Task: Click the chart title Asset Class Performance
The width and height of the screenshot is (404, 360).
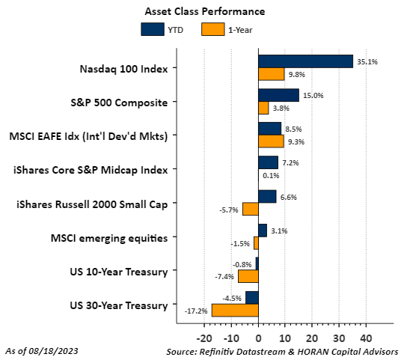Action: click(x=203, y=12)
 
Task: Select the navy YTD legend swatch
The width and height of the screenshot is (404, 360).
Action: click(x=152, y=30)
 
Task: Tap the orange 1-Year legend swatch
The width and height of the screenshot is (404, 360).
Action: click(x=212, y=30)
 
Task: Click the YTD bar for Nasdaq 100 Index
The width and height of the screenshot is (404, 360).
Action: click(x=305, y=61)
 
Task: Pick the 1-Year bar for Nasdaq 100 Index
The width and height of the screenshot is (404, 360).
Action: click(x=271, y=74)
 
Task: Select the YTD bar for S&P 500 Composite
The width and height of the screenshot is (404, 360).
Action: click(x=278, y=95)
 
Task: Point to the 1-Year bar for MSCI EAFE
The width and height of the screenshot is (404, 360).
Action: click(x=271, y=141)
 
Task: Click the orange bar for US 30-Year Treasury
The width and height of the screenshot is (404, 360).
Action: click(x=235, y=310)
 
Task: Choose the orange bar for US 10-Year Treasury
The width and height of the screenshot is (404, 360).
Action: click(x=248, y=276)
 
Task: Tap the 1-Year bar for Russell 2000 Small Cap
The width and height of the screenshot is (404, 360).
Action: click(x=251, y=209)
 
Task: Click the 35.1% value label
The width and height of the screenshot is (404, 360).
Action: click(x=367, y=61)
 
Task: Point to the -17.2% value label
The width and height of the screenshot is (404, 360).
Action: click(x=197, y=310)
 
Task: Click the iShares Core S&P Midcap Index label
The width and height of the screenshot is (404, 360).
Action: click(x=91, y=170)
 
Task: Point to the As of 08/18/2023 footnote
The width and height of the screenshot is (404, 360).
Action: click(x=42, y=350)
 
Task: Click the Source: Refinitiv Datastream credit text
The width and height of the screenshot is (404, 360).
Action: click(x=283, y=350)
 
